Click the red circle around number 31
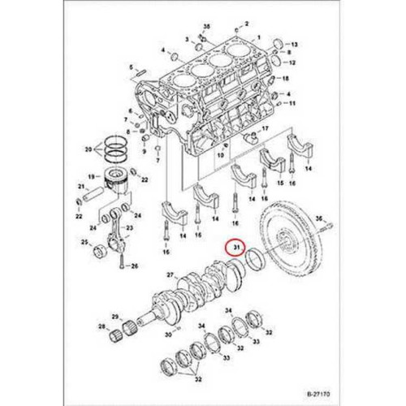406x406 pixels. (x=235, y=245)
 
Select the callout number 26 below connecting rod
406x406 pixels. (x=134, y=266)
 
